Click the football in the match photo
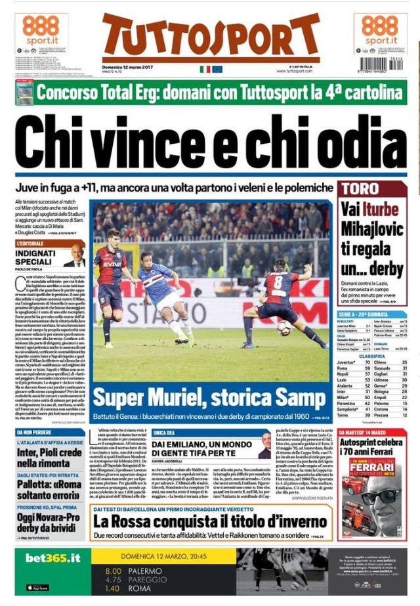point(283,327)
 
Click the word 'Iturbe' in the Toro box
point(381,211)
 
